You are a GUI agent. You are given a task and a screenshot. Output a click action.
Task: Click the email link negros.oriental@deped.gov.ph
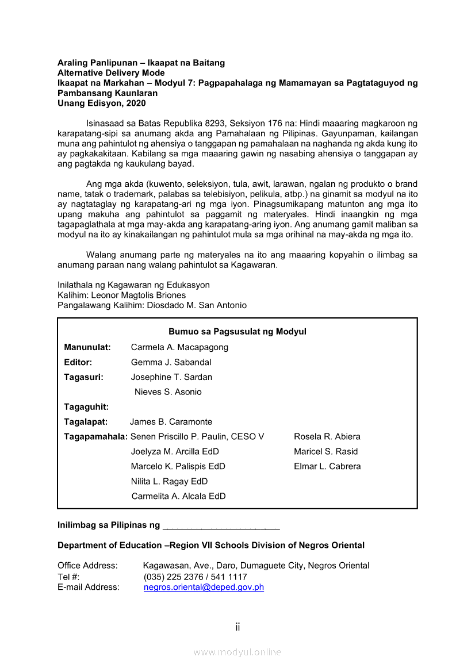pos(204,587)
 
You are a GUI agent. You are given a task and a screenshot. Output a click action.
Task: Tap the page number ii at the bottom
pos(237,627)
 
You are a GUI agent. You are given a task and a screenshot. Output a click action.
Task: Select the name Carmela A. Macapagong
pos(179,347)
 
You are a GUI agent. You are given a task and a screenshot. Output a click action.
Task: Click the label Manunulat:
pos(87,347)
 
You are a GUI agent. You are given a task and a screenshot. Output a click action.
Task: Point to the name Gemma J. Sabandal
pos(171,362)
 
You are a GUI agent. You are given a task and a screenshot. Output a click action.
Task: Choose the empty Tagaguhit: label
pos(86,407)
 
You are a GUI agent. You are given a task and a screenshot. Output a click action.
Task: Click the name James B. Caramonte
pos(171,422)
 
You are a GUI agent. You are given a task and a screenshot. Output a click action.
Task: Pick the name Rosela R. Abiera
pos(327,437)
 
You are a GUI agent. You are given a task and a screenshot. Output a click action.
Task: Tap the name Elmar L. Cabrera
pos(327,466)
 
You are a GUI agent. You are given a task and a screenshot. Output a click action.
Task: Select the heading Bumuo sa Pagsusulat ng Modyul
pos(237,332)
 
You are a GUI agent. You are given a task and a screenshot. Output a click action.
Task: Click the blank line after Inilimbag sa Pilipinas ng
pos(221,525)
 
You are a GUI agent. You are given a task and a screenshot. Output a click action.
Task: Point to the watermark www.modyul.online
pos(237,652)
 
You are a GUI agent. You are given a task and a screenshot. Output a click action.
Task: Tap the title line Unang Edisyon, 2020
pos(102,103)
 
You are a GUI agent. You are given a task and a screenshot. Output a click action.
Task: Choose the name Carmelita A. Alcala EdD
pos(178,496)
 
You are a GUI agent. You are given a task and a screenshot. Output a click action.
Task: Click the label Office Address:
pos(87,566)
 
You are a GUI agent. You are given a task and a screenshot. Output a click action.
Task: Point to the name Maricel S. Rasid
pos(325,452)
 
